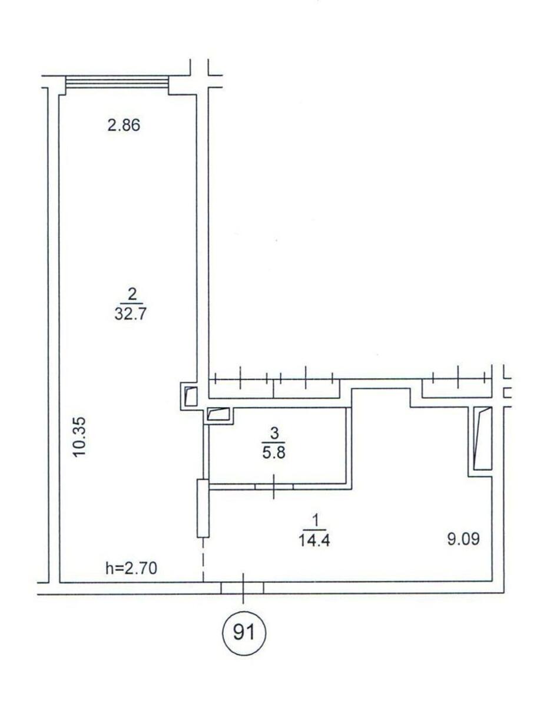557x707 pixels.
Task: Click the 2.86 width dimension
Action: (124, 125)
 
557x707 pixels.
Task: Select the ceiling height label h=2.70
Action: (132, 569)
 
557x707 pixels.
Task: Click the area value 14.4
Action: (315, 540)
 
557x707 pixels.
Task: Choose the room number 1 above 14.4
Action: (316, 520)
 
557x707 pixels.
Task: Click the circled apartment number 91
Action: (243, 633)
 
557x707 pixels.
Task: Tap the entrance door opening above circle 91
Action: (242, 587)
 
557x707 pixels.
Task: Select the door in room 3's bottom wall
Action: (274, 487)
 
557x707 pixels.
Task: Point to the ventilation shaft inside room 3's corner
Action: (220, 415)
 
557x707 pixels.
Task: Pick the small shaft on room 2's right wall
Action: (191, 395)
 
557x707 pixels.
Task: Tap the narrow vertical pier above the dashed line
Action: (203, 508)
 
